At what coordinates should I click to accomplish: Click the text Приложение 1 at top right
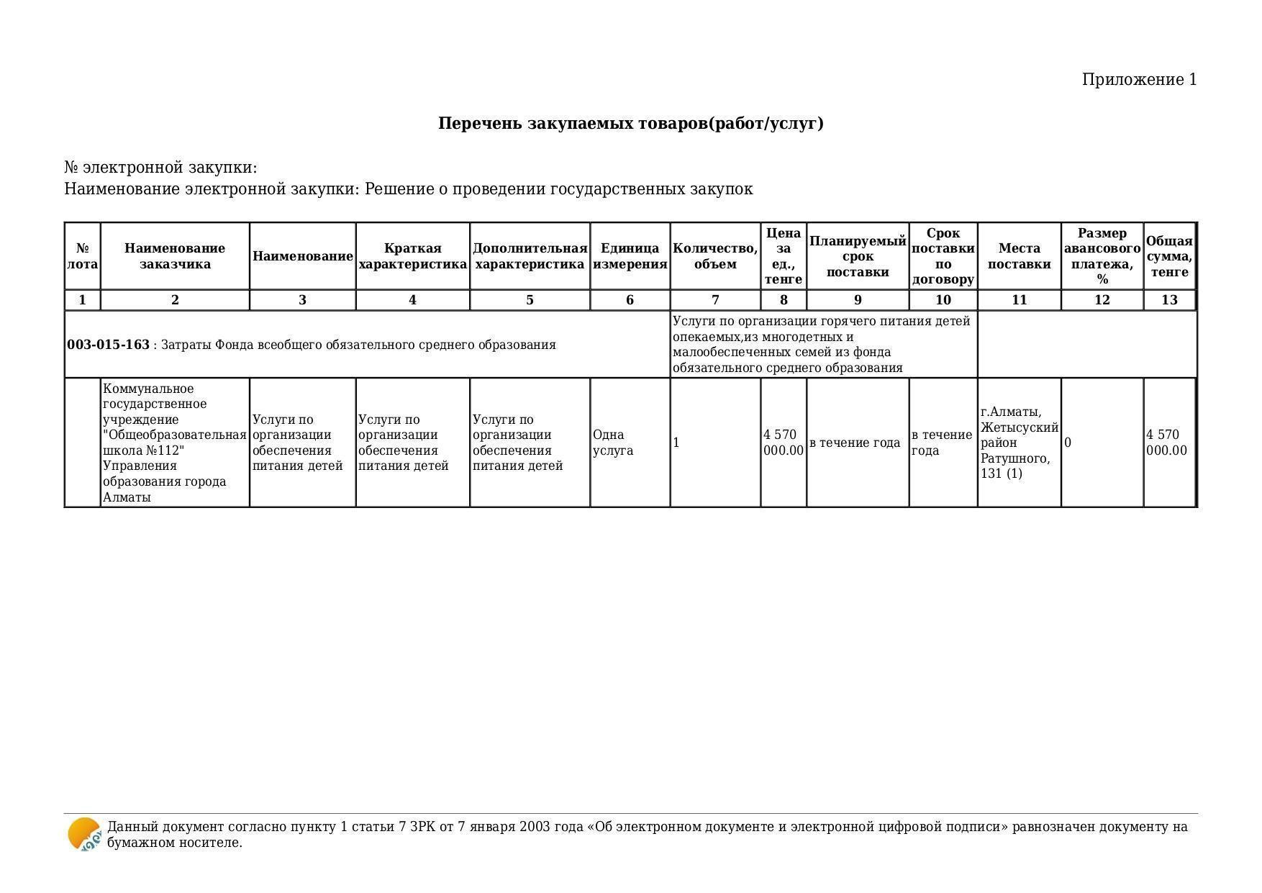point(1138,80)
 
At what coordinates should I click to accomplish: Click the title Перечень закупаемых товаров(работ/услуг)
point(630,124)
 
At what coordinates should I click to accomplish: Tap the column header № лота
point(82,256)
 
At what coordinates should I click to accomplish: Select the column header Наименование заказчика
point(175,256)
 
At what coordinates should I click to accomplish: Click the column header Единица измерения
point(630,256)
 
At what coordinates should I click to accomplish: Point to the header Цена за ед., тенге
point(783,256)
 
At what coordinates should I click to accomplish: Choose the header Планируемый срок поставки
point(857,256)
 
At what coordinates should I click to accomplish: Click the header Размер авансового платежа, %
point(1102,256)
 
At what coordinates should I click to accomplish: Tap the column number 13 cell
point(1169,300)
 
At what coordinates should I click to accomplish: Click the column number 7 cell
point(714,300)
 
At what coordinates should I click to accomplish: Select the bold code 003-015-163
point(108,345)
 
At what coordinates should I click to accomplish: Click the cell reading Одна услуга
point(613,443)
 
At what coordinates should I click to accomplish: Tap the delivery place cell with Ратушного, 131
point(1018,443)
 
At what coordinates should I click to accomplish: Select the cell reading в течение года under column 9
point(855,443)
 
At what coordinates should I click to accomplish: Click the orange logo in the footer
point(84,835)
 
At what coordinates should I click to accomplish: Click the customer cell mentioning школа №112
point(174,443)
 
